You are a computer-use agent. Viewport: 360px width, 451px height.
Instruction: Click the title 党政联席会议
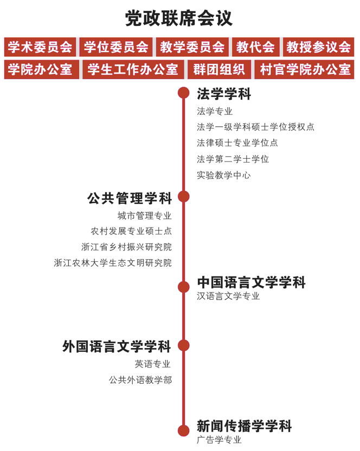pos(179,18)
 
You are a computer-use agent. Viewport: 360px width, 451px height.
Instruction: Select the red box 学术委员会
pos(40,47)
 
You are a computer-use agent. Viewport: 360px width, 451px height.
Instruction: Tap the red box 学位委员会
pos(116,47)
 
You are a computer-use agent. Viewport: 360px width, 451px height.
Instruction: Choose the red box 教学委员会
pos(192,47)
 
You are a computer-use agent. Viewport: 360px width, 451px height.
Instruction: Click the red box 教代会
pos(256,47)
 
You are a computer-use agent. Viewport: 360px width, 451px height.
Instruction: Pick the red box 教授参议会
pos(319,47)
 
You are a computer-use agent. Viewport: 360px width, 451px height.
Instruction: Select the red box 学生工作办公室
pos(133,69)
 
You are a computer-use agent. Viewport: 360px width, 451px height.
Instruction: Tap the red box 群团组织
pos(219,69)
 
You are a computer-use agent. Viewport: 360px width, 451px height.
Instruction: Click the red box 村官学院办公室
pos(305,69)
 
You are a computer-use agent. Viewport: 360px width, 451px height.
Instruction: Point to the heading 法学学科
pos(224,94)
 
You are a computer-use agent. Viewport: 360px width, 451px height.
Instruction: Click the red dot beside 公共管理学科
pos(184,197)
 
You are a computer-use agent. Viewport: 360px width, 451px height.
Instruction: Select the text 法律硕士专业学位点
pos(237,143)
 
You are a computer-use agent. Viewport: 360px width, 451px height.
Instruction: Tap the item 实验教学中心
pos(223,175)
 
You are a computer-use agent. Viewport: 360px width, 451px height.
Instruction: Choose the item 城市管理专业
pos(144,215)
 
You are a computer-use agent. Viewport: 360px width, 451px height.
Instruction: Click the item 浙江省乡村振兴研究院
pos(126,247)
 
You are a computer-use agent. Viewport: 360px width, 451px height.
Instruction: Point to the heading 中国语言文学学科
pos(251,282)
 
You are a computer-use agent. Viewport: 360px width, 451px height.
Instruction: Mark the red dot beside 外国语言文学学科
pos(184,345)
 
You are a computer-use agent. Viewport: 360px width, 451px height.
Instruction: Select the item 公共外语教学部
pos(140,380)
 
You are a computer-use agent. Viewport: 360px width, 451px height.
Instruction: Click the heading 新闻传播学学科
pos(245,426)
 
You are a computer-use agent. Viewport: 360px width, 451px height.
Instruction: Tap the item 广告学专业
pos(219,440)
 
